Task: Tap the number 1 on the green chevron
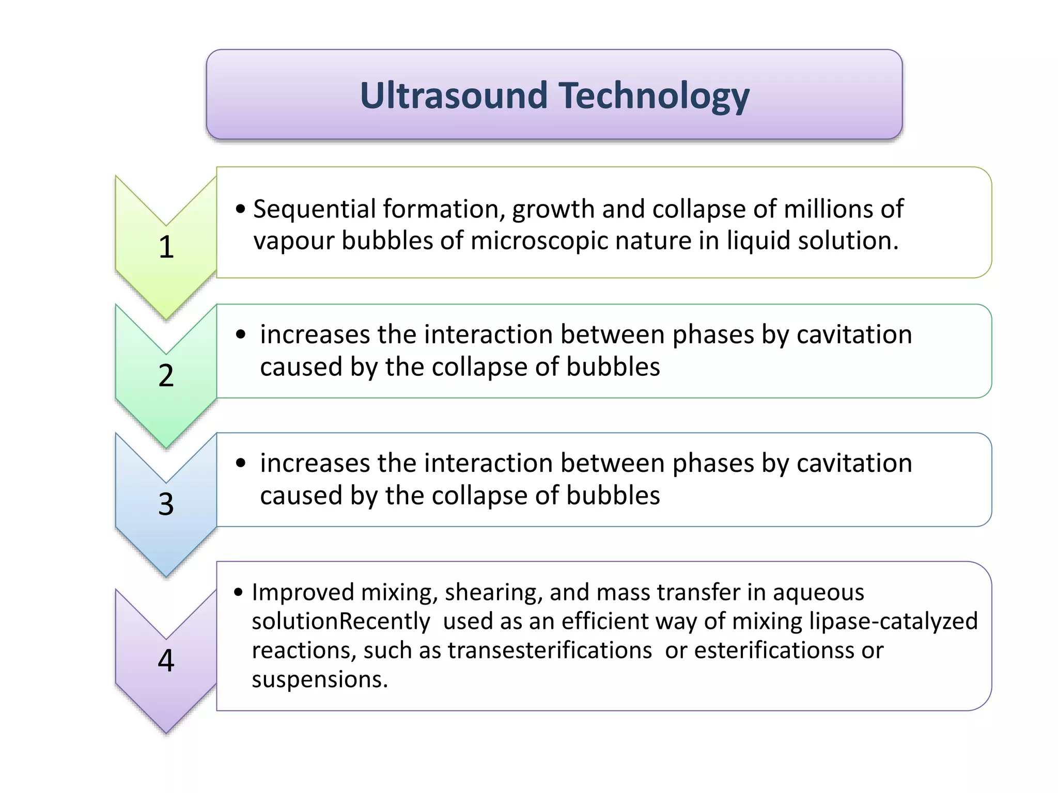166,247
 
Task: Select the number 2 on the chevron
166,375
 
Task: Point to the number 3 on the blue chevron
166,504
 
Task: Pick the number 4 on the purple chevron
166,660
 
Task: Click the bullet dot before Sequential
240,210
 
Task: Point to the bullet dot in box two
241,335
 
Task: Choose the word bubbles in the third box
613,496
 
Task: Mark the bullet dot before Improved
238,592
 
